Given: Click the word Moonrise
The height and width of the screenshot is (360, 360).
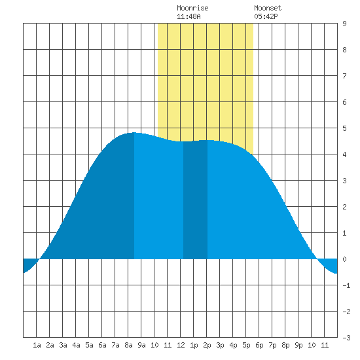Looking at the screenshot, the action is (192, 8).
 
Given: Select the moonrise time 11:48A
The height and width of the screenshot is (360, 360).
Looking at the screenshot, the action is (189, 16).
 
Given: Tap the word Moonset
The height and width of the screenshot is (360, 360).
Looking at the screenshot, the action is (268, 8).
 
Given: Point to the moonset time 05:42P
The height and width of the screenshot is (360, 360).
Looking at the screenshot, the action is (266, 16).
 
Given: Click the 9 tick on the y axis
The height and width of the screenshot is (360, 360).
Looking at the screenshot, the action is (344, 24).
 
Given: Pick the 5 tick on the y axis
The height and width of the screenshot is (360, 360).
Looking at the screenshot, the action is (344, 128).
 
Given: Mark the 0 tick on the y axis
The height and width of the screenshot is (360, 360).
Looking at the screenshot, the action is (344, 259).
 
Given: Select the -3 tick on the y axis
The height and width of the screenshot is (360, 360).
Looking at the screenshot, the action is (346, 338).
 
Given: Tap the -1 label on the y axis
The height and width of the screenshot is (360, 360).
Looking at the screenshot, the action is (346, 285).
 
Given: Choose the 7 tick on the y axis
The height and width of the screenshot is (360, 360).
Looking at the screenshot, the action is (344, 76).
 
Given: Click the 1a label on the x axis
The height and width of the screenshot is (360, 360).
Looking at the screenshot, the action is (37, 345).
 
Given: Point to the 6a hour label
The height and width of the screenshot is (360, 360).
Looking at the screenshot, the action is (102, 345).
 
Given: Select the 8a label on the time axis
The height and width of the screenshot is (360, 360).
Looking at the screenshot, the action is (128, 345).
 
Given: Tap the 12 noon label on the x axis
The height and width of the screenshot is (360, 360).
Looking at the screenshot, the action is (181, 345).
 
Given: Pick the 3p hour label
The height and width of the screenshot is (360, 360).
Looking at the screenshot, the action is (220, 345).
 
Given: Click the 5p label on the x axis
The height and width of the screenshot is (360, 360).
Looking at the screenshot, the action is (246, 345).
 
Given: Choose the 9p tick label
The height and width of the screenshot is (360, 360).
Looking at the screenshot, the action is (298, 345).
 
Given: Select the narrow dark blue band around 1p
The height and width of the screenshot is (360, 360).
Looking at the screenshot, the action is (196, 200).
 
